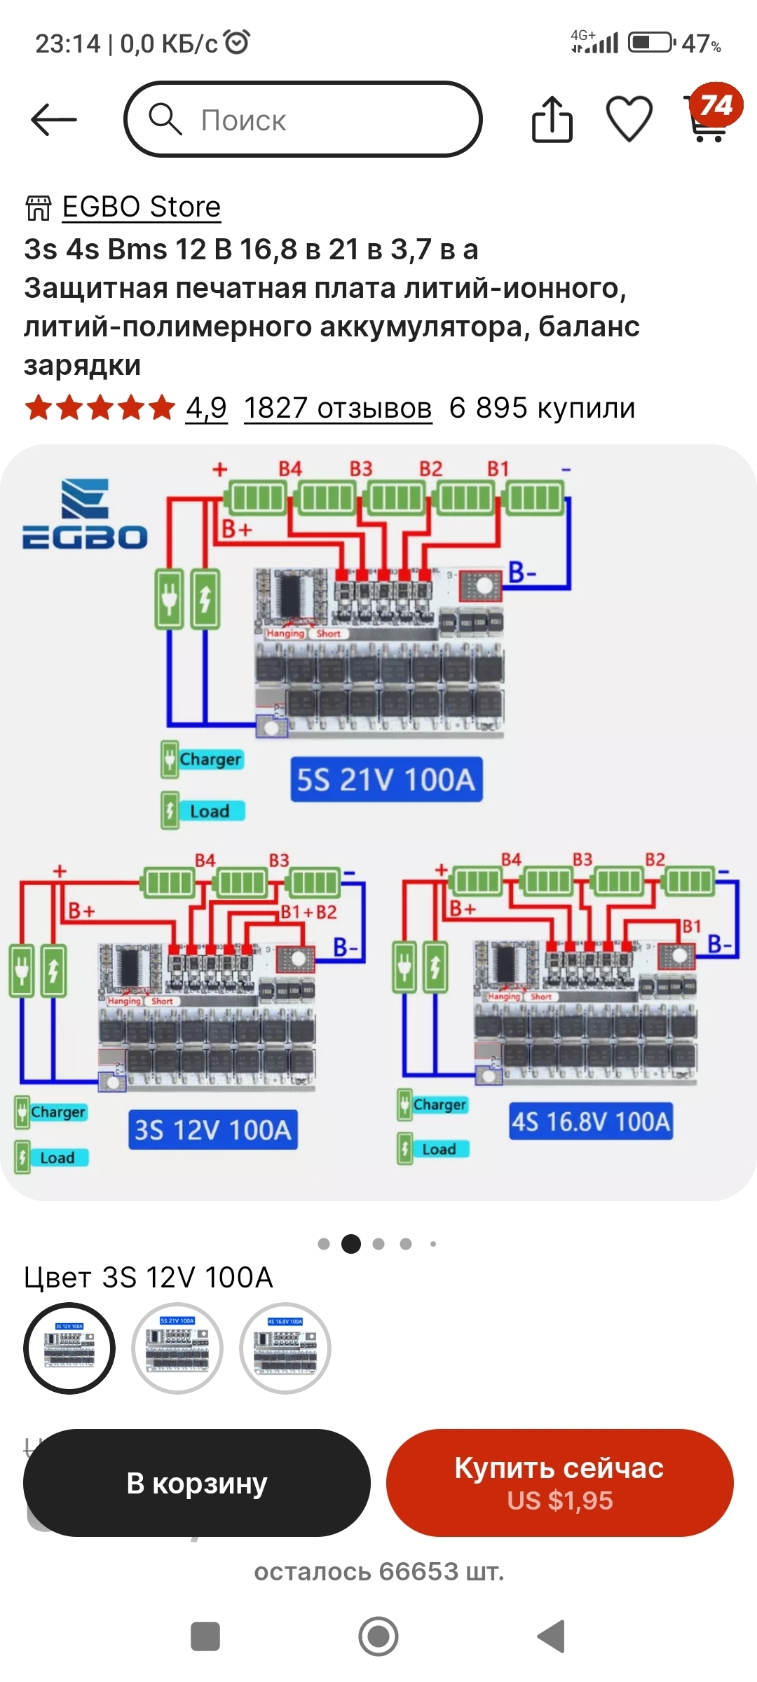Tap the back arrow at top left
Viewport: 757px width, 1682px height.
tap(54, 120)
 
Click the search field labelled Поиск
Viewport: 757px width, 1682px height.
tap(303, 120)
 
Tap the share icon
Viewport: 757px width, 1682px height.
tap(552, 120)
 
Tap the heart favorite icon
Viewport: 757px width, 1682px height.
tap(629, 120)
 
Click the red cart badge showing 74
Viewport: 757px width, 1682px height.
tap(715, 106)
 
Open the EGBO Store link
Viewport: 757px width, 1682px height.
tap(141, 207)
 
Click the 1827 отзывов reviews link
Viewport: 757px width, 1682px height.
tap(337, 408)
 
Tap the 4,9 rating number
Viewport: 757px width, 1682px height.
tap(206, 408)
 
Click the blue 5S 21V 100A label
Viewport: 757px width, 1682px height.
tap(386, 779)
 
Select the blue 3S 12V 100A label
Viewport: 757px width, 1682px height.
tap(212, 1130)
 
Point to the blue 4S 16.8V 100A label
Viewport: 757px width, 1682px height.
tap(590, 1121)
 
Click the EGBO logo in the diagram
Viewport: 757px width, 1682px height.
tap(85, 514)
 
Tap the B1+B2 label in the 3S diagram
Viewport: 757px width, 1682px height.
tap(308, 912)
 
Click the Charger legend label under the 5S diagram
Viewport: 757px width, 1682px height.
tap(210, 760)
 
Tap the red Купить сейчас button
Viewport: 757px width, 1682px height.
tap(559, 1483)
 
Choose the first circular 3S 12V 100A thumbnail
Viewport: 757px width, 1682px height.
tap(69, 1348)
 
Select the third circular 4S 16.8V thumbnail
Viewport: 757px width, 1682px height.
tap(285, 1348)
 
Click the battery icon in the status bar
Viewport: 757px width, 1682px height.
tap(650, 43)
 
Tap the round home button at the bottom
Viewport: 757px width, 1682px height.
tap(378, 1636)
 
